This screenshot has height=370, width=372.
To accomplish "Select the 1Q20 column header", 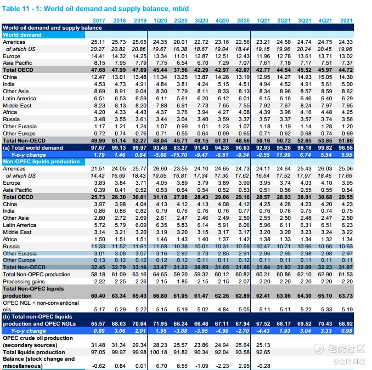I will tap(161, 20).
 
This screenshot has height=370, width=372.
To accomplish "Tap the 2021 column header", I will tap(346, 20).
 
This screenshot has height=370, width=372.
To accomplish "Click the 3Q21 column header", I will tap(305, 20).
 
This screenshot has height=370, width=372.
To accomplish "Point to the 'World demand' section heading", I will tap(22, 35).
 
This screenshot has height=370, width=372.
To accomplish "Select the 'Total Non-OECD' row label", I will tap(23, 141).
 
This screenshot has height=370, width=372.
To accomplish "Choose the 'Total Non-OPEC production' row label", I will tap(36, 274).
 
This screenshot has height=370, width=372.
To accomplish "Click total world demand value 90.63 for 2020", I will tap(243, 148).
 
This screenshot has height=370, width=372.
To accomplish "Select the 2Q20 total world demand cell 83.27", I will tap(181, 148).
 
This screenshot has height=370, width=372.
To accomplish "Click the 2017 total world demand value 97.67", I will tap(98, 148).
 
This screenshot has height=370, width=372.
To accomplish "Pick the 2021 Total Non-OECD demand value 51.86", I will tap(346, 141).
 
